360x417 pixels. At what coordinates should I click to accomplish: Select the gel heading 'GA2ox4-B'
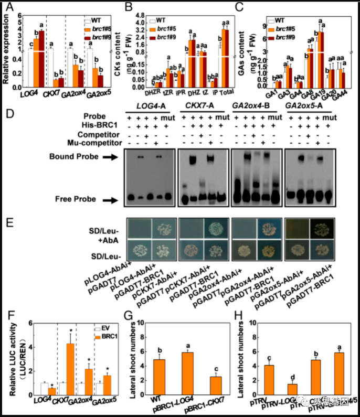[x=256, y=107]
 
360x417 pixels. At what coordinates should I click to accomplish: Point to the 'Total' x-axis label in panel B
[x=225, y=93]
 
